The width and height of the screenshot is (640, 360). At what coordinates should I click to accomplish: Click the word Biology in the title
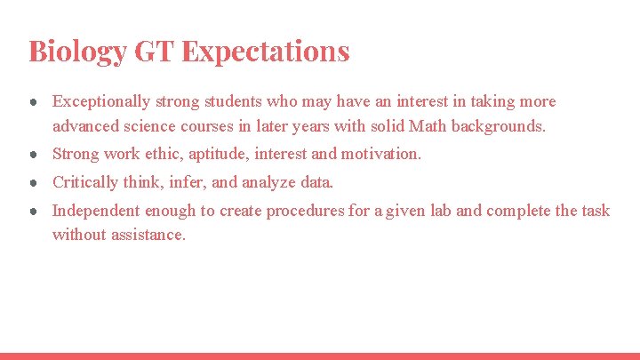click(77, 51)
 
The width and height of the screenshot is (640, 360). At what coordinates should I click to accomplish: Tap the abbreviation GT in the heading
click(155, 51)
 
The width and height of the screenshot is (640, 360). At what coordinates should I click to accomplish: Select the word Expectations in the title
click(266, 51)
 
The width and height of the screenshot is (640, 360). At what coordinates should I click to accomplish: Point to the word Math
click(428, 125)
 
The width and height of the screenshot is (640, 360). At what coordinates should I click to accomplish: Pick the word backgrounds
click(499, 125)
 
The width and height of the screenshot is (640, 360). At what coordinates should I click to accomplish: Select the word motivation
click(378, 154)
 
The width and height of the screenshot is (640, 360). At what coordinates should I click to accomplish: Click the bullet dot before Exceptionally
click(32, 102)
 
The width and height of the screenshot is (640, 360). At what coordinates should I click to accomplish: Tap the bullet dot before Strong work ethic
click(32, 155)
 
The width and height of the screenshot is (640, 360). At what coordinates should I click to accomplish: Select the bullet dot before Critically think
click(32, 183)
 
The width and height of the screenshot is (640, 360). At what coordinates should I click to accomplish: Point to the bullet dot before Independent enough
click(32, 212)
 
